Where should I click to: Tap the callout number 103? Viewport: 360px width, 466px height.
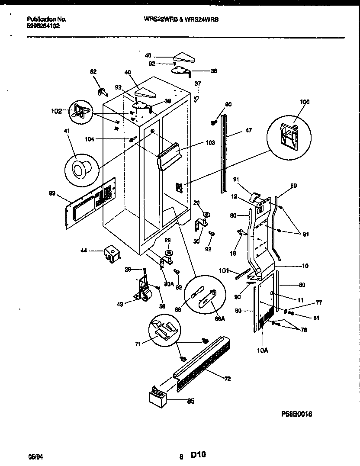click(210, 143)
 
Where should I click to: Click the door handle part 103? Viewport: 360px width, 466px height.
click(168, 155)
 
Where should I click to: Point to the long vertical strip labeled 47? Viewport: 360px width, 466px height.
click(224, 153)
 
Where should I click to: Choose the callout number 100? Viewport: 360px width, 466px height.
click(305, 102)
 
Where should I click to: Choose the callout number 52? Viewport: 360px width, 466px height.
click(93, 72)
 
